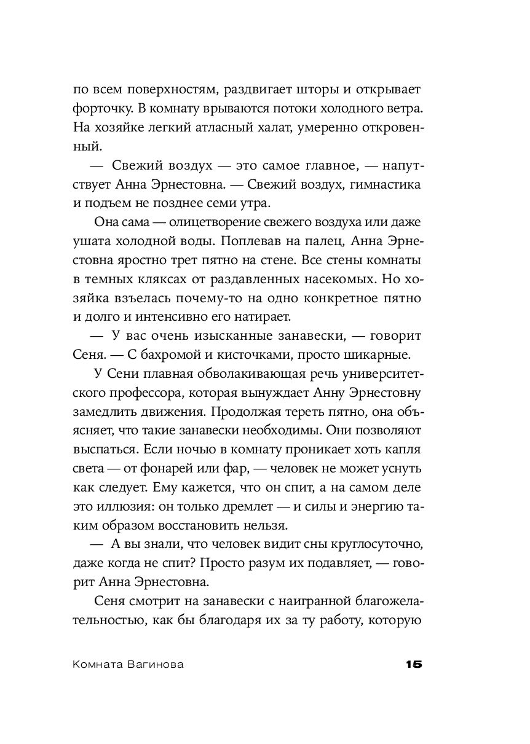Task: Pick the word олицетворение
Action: point(220,221)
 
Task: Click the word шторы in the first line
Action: point(312,90)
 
